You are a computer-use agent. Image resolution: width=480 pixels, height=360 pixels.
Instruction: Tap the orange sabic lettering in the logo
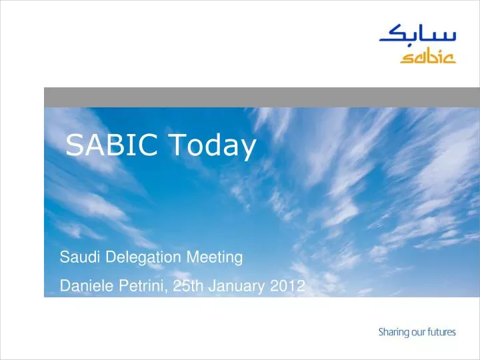[427, 57]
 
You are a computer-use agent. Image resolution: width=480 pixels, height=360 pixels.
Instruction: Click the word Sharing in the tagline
[393, 331]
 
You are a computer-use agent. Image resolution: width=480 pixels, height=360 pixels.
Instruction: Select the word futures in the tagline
[442, 331]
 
